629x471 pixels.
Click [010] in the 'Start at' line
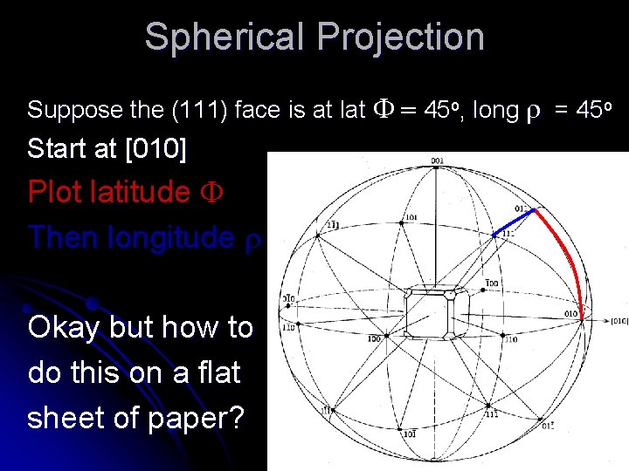pos(156,148)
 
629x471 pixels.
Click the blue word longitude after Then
pos(169,236)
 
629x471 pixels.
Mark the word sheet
pos(70,417)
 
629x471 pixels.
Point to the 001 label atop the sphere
pos(438,160)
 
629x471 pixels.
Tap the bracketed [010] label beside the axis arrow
pos(619,321)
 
